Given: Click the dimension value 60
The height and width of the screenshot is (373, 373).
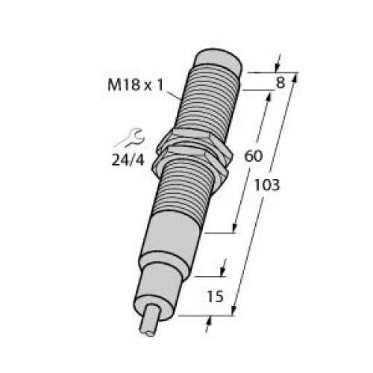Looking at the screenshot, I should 253,156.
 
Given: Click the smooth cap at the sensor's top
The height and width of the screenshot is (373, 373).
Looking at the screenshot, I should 219,59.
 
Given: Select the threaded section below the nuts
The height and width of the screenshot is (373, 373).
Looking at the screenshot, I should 186,194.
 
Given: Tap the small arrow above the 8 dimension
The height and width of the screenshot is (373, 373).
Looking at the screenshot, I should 277,60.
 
